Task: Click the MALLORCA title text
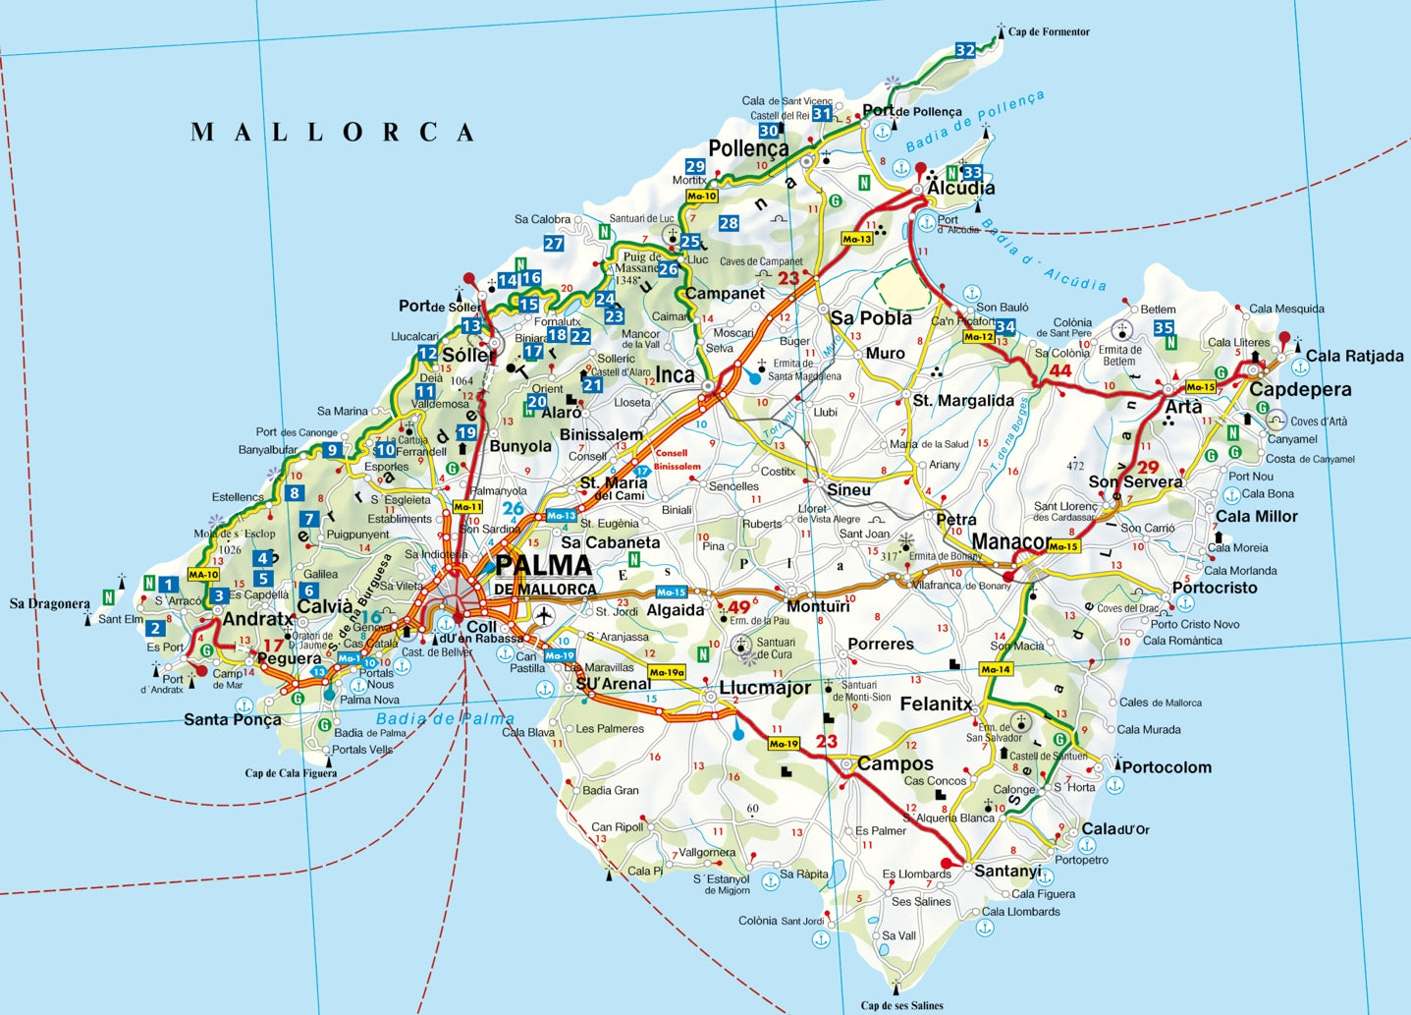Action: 333,133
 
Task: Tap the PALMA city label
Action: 543,566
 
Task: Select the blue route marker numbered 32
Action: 965,50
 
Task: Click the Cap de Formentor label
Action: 1049,32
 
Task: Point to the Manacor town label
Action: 1009,541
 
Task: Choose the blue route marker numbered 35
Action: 1164,328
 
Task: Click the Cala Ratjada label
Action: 1354,357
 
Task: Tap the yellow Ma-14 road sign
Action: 995,669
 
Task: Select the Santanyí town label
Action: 1007,872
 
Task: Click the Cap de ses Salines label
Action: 901,1005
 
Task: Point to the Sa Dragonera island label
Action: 49,603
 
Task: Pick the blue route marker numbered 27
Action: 554,244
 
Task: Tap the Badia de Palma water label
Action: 445,719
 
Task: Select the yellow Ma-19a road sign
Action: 667,673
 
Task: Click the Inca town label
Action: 675,374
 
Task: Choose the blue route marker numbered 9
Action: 333,450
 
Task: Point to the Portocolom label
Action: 1167,767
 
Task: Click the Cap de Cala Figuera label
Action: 291,773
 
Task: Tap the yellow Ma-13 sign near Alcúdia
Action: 856,239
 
